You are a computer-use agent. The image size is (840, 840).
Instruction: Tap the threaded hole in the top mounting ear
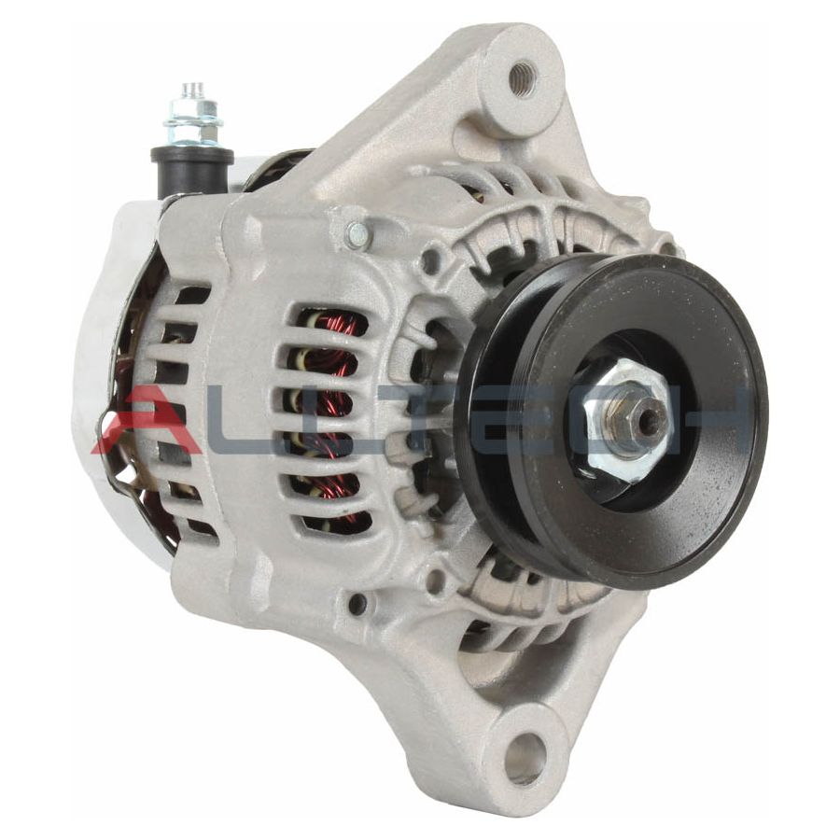click(x=522, y=78)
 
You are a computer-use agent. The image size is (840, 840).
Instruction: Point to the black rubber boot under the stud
click(x=191, y=163)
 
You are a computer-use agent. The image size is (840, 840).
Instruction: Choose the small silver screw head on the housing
click(x=357, y=235)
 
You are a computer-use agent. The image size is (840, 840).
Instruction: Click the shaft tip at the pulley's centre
click(x=648, y=422)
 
